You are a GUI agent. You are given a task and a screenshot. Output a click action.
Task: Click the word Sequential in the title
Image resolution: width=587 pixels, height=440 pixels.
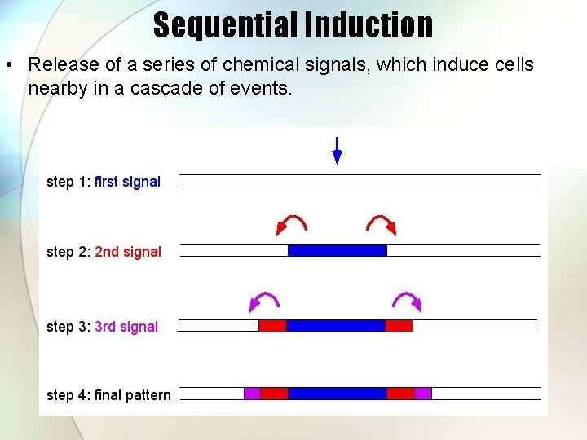(x=226, y=24)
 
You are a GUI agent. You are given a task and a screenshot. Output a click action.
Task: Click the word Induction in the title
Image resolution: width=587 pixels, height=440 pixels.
(x=369, y=24)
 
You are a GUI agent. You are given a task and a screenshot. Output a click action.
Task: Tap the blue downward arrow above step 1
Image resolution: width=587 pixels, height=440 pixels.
(x=337, y=151)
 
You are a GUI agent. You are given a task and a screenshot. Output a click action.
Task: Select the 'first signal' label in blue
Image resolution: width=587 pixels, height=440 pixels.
(x=127, y=182)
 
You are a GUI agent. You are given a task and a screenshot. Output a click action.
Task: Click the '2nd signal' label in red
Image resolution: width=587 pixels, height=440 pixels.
(x=128, y=252)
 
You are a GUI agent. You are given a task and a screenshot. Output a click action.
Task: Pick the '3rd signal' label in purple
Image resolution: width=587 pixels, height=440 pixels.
(x=126, y=327)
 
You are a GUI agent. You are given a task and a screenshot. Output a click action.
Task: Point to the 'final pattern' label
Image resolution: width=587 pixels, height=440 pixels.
(x=133, y=395)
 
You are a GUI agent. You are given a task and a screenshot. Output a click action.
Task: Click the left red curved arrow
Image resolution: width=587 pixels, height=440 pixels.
(x=291, y=222)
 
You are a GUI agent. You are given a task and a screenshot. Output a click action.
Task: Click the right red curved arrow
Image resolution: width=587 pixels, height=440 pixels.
(x=382, y=222)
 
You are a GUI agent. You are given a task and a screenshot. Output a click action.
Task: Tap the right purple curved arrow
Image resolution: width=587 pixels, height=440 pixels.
(x=408, y=301)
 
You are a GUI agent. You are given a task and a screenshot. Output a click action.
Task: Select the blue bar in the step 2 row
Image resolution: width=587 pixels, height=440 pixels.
(x=337, y=251)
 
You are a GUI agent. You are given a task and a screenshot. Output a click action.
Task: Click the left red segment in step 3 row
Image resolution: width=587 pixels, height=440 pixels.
(x=272, y=326)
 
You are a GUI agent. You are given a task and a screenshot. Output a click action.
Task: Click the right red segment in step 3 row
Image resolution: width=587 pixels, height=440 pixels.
(x=399, y=326)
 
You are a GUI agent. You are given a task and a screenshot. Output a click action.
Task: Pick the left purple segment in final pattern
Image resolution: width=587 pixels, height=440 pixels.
(x=252, y=394)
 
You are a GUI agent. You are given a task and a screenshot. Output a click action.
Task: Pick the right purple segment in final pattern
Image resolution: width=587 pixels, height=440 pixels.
(x=423, y=394)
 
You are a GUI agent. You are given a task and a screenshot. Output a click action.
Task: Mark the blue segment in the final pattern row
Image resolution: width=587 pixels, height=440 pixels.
(x=337, y=394)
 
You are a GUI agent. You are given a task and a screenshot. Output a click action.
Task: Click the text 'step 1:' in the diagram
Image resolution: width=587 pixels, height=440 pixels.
(x=68, y=182)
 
